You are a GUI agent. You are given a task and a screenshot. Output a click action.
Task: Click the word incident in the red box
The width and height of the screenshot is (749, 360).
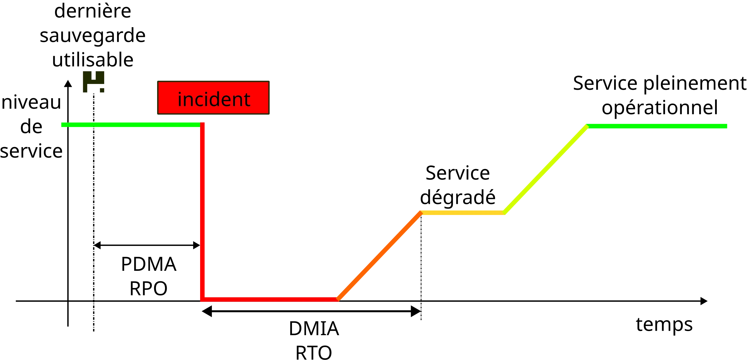click(x=214, y=99)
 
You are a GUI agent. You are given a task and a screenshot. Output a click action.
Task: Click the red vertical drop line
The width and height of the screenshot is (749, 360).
click(x=202, y=211)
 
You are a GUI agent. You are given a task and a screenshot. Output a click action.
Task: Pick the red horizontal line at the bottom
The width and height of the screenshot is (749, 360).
click(x=269, y=299)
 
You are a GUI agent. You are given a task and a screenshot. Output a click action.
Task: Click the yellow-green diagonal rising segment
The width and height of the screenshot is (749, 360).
click(x=546, y=169)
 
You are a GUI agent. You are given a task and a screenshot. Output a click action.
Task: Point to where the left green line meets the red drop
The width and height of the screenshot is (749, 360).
click(x=202, y=125)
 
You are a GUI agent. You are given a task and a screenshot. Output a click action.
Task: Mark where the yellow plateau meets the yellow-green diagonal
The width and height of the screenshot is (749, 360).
click(x=504, y=212)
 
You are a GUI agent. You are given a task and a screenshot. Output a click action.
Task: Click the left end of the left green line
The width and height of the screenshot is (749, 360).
click(x=61, y=125)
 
